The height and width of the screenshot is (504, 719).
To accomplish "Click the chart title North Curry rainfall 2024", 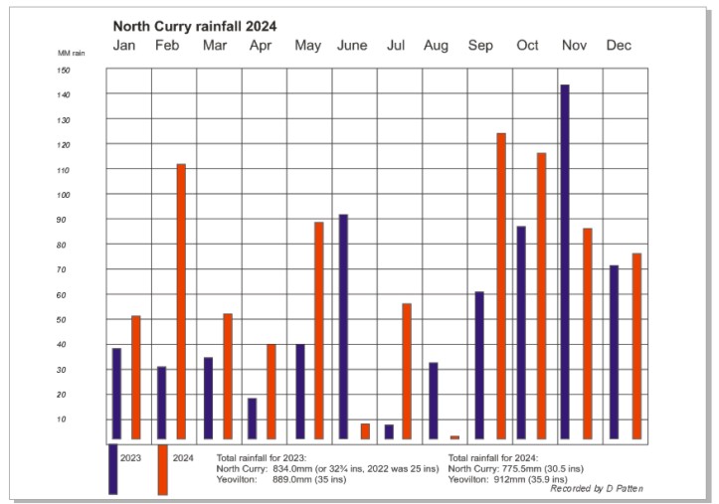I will (x=195, y=26).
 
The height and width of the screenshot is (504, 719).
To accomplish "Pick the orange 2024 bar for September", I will (x=501, y=286).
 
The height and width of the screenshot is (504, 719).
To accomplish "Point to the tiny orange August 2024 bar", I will (x=455, y=437).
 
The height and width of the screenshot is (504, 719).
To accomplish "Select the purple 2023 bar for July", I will (x=389, y=431).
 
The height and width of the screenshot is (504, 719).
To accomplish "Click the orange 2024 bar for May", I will (x=319, y=330).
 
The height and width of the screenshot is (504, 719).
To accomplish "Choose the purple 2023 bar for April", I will (x=252, y=419).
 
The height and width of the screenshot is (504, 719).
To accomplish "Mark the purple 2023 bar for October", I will (x=521, y=333).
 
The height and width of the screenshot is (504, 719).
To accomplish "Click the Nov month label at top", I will (x=574, y=46).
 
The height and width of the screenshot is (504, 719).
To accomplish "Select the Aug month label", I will (x=436, y=46).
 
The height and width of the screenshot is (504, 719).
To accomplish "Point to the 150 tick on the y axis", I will (x=63, y=70).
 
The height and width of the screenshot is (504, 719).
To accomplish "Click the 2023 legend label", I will (x=130, y=458).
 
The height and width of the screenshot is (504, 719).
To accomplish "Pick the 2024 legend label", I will (x=183, y=458).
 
